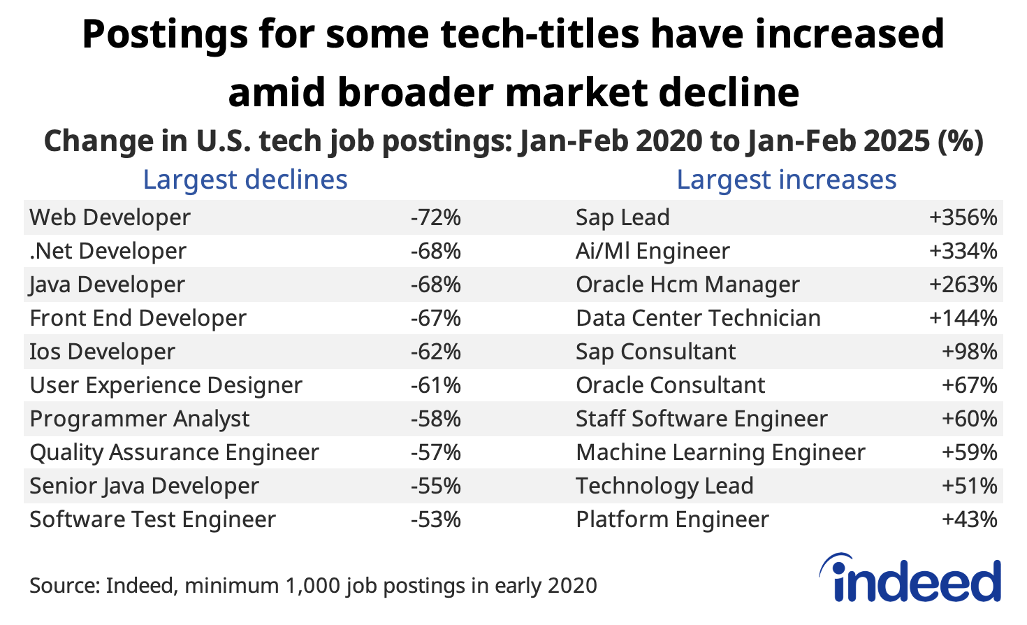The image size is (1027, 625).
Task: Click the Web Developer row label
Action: click(110, 217)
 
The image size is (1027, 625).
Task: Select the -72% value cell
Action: click(435, 217)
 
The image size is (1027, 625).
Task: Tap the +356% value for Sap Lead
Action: click(962, 217)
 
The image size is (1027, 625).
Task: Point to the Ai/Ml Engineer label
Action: click(653, 251)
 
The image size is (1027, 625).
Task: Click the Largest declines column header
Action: click(245, 180)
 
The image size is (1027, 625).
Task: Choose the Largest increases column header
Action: click(786, 180)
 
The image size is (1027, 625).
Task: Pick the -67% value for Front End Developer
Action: click(435, 318)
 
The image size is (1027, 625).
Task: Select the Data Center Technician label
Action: click(698, 318)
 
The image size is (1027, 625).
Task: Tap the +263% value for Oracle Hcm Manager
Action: click(962, 285)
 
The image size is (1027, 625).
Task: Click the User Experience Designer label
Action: click(166, 385)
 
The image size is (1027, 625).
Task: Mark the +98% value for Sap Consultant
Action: click(969, 352)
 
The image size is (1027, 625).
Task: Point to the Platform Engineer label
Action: click(672, 519)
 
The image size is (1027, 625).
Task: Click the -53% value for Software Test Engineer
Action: click(435, 519)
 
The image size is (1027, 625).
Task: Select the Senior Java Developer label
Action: click(144, 486)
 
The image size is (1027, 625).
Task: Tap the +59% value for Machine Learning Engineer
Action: click(969, 452)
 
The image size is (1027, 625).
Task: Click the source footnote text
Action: click(313, 585)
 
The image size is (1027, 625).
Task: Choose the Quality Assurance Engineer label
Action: click(174, 452)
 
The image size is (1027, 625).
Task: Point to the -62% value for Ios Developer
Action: click(435, 352)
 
